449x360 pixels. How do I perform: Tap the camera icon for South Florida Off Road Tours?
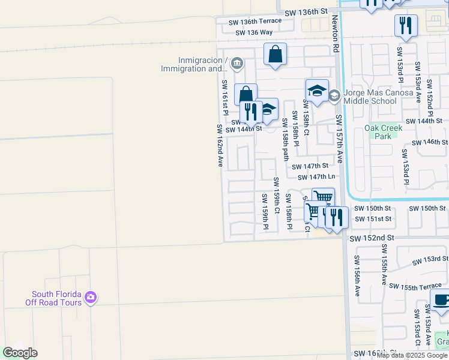91,297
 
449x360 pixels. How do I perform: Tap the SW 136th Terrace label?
255,22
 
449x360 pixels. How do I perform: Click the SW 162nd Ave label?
220,145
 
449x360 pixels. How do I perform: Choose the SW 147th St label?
310,166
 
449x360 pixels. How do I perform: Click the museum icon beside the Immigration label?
237,63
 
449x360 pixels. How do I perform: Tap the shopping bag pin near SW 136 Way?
275,54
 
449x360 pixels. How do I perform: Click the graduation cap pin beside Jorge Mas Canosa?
317,91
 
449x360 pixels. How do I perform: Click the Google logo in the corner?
20,353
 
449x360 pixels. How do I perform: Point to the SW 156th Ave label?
357,276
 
